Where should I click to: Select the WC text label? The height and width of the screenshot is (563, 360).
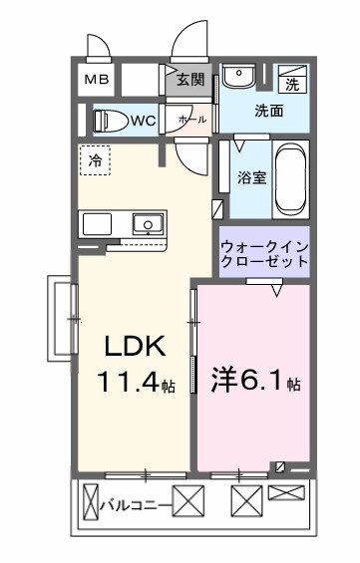tap(142, 121)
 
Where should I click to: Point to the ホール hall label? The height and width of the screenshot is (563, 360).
tap(191, 119)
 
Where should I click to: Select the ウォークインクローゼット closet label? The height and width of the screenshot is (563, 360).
tap(263, 253)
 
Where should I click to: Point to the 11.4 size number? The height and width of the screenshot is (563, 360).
tap(129, 381)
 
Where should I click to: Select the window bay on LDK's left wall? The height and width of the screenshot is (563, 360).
tap(61, 318)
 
